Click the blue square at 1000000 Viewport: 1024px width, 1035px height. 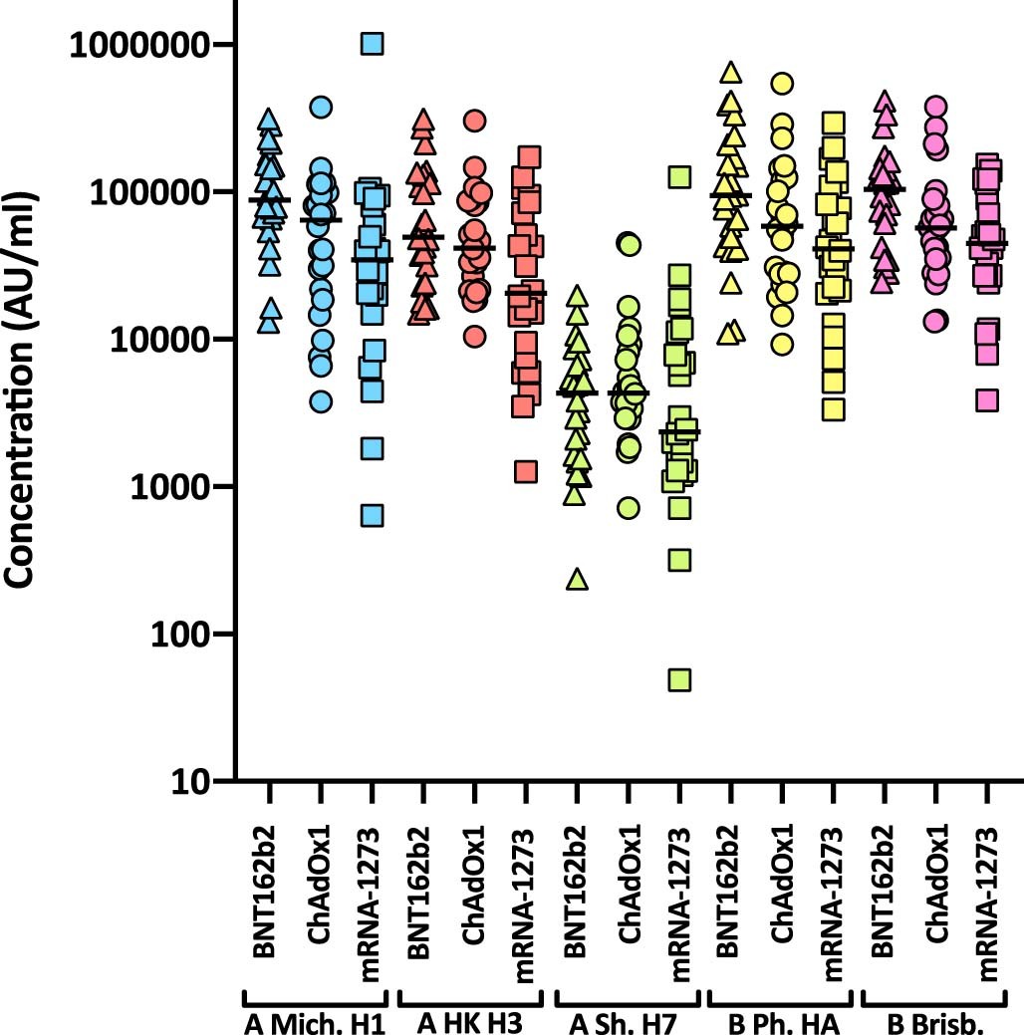click(x=372, y=45)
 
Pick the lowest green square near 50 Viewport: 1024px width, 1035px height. click(x=680, y=680)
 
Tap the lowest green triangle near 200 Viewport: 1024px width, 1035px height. click(x=577, y=579)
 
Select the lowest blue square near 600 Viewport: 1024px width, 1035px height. click(x=372, y=515)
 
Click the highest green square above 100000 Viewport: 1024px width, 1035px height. click(x=680, y=177)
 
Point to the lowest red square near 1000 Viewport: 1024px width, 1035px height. click(x=525, y=471)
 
